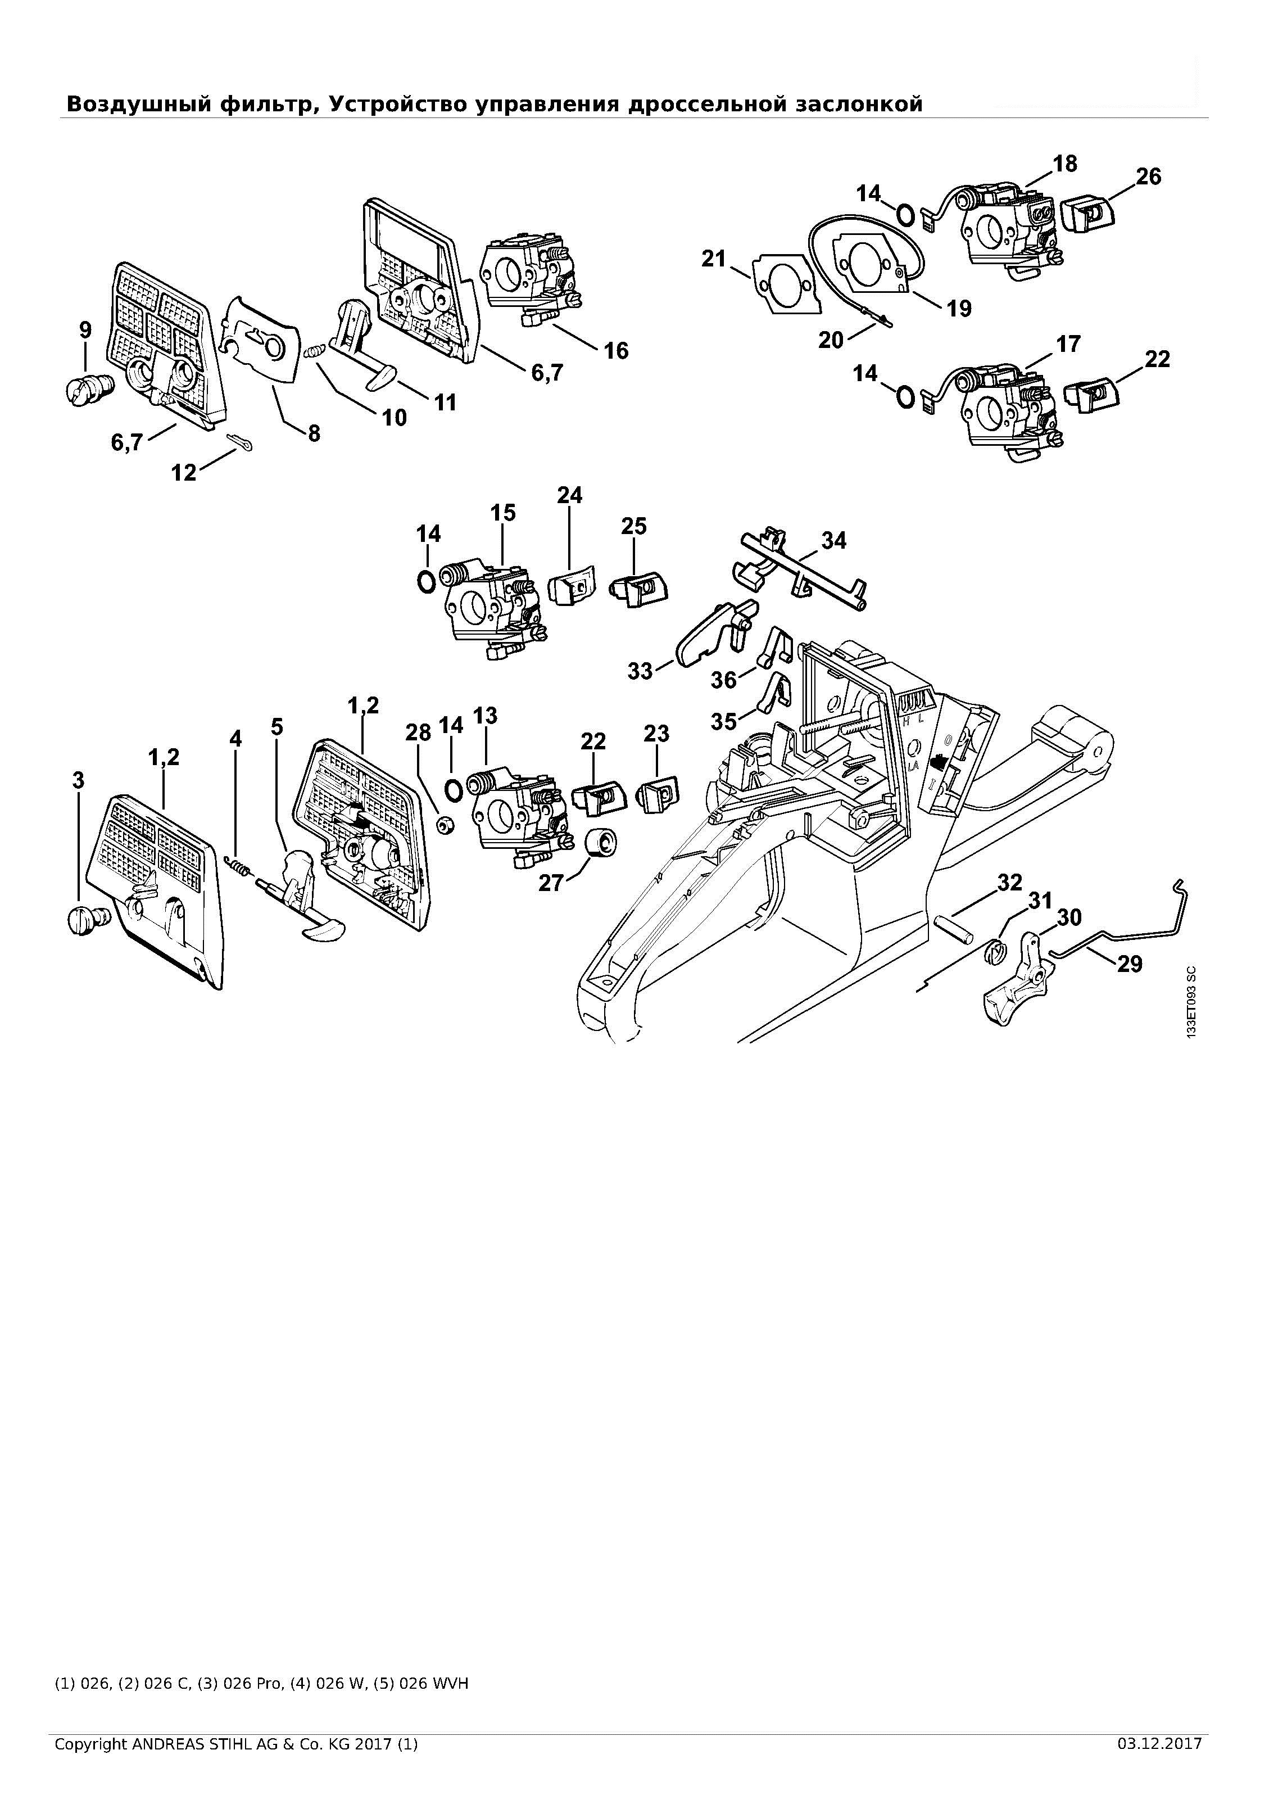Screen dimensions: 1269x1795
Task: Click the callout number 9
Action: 85,330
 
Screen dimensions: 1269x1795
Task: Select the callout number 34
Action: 834,540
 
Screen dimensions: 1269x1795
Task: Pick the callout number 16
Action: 616,351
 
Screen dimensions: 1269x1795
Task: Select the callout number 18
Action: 1064,164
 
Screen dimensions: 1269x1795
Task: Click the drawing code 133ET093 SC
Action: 1191,1003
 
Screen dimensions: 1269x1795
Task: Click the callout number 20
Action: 831,340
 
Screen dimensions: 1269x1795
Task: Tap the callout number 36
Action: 724,680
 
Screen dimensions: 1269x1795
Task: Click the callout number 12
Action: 184,472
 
